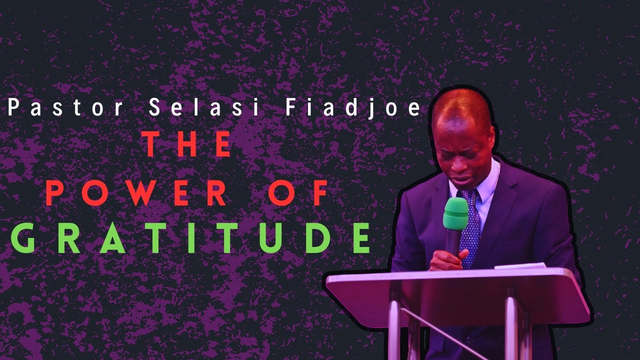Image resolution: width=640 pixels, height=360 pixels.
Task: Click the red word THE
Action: click(x=188, y=144)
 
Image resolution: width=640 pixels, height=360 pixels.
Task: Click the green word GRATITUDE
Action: click(x=191, y=239)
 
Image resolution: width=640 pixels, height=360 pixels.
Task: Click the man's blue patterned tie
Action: click(x=470, y=225)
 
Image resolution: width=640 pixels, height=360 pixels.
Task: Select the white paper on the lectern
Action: click(x=515, y=266)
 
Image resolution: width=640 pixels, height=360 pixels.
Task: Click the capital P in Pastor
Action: click(x=12, y=108)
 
